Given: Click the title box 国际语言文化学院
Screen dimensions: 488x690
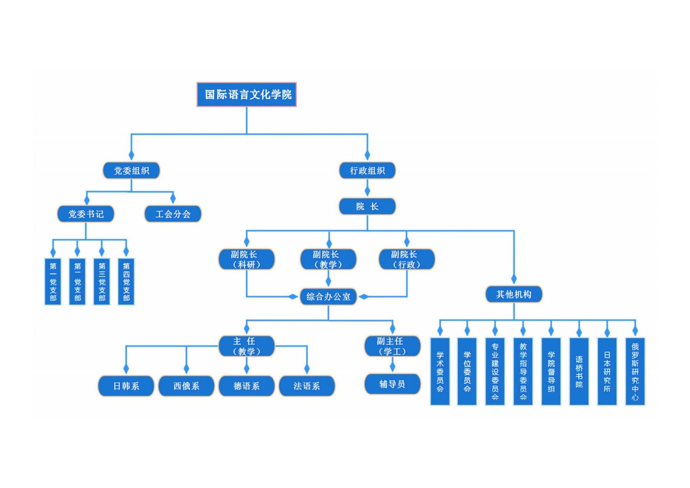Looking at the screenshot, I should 247,94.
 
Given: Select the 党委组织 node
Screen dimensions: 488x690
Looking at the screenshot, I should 131,171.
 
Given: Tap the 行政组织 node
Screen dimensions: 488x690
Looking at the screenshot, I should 367,171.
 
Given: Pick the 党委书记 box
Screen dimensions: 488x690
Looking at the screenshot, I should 86,214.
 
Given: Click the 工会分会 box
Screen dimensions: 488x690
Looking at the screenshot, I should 173,214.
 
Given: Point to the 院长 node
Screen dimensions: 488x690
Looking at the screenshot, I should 367,207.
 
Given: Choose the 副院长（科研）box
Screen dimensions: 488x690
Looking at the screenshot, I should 246,259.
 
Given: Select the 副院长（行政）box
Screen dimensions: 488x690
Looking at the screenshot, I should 407,259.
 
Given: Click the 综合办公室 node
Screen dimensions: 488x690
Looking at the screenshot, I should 328,297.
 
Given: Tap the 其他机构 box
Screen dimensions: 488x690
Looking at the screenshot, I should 513,295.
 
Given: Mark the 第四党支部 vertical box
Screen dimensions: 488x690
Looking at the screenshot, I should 126,282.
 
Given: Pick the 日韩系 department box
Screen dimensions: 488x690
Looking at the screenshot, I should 126,386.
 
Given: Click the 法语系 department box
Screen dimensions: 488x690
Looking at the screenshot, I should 307,386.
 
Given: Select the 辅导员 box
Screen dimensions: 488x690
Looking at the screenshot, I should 392,384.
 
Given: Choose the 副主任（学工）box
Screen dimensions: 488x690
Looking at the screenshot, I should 392,346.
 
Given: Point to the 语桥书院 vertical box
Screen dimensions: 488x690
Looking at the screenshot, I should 579,371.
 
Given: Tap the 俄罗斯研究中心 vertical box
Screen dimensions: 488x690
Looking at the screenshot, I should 635,371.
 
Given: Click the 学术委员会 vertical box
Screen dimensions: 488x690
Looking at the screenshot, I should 440,371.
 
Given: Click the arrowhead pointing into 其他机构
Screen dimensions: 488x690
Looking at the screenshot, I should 514,279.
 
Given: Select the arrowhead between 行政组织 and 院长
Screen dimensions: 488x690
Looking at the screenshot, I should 367,191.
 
